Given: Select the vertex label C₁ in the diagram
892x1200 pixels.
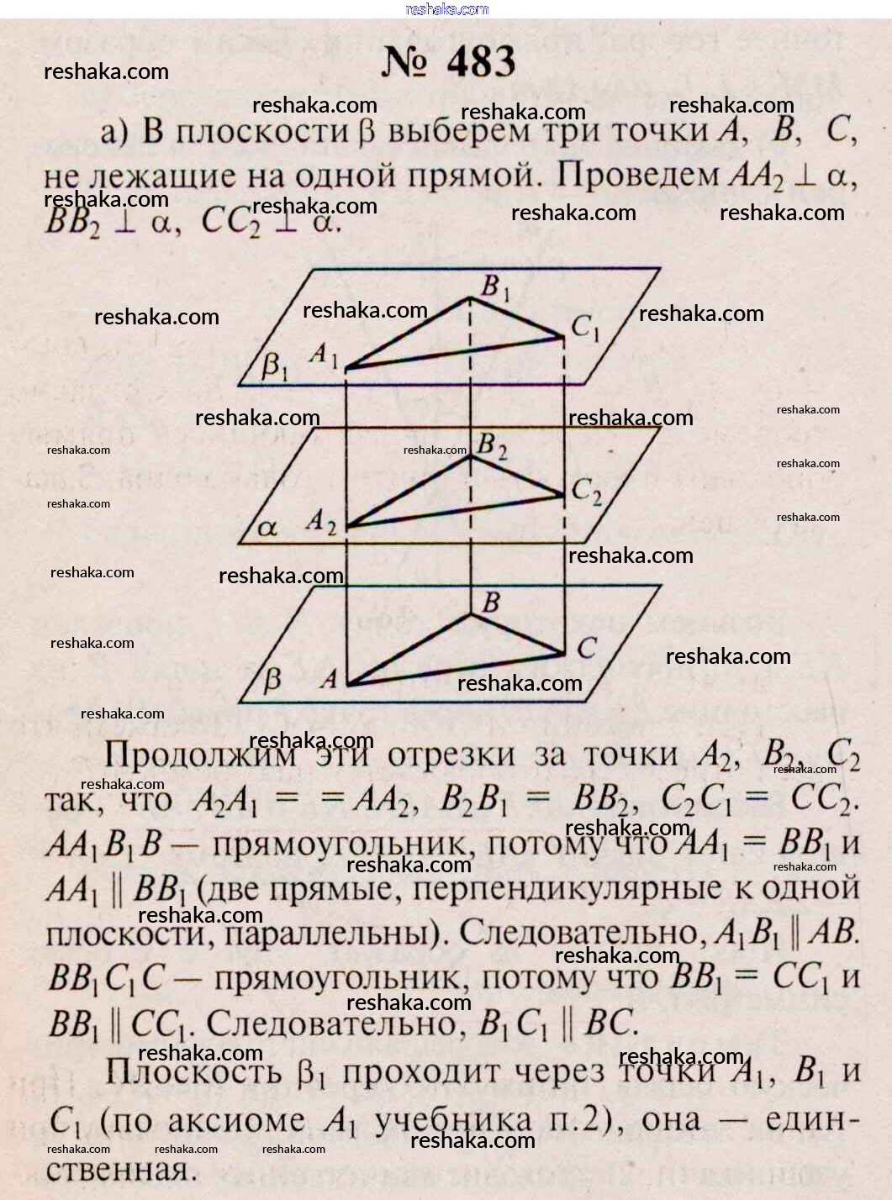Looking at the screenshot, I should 585,329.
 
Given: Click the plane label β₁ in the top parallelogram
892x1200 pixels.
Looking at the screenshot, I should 274,366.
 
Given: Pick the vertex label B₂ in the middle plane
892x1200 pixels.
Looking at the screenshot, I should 492,445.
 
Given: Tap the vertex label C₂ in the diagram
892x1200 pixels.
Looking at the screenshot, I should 586,491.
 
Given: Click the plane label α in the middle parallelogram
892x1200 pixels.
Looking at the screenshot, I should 267,529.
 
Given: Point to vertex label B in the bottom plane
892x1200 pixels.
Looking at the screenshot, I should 491,602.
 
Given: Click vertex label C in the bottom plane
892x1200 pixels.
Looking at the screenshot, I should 586,648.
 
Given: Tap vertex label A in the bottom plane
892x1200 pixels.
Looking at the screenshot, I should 329,678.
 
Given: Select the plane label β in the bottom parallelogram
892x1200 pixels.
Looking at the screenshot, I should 272,680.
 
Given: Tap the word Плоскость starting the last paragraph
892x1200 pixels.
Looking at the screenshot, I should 194,1071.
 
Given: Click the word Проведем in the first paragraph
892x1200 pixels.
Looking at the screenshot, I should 637,175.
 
